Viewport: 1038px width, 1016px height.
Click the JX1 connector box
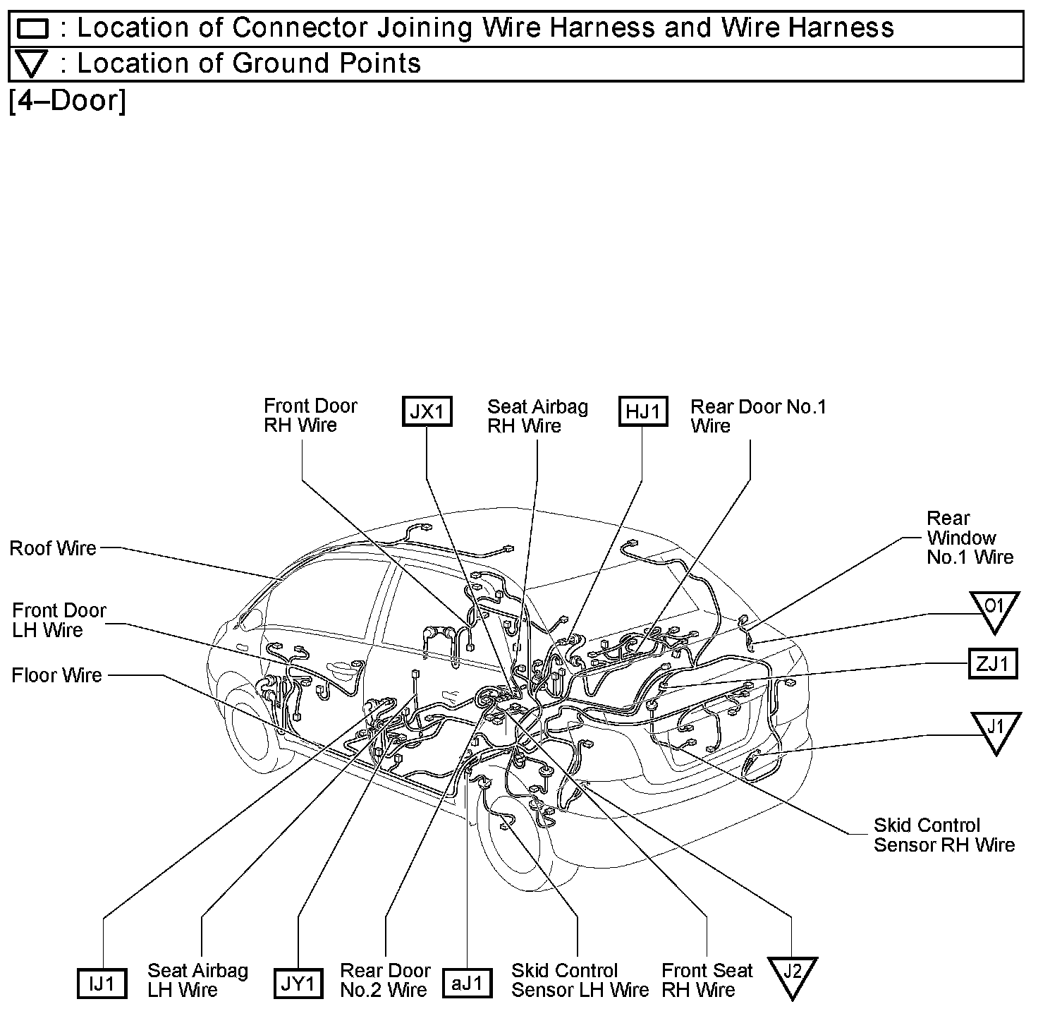click(x=427, y=411)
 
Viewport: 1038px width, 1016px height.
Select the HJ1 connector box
click(x=642, y=411)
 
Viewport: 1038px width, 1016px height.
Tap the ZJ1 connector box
click(x=993, y=663)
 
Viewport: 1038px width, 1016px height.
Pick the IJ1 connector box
click(x=102, y=984)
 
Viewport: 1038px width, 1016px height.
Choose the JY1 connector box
click(x=298, y=984)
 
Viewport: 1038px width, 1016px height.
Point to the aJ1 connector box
click(x=468, y=983)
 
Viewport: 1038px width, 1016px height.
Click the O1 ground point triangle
click(x=994, y=609)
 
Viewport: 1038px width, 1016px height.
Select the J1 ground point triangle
click(x=996, y=730)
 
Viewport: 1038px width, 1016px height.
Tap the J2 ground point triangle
click(x=792, y=974)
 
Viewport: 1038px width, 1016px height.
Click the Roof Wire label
click(x=53, y=548)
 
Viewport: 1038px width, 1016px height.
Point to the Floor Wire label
click(x=56, y=676)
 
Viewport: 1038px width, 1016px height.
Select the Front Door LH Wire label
click(x=59, y=620)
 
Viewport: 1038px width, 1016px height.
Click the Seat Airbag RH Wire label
click(x=537, y=416)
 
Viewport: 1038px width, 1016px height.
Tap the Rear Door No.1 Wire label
click(x=758, y=416)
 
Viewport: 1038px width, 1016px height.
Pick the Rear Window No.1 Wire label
click(x=970, y=538)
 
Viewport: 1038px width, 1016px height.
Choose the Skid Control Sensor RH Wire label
click(x=944, y=835)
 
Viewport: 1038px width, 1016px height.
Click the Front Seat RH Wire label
click(x=707, y=980)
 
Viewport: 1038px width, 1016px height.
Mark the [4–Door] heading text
click(x=68, y=101)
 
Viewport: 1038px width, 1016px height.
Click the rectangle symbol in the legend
click(x=32, y=29)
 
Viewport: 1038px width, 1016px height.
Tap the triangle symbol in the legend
click(x=32, y=64)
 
